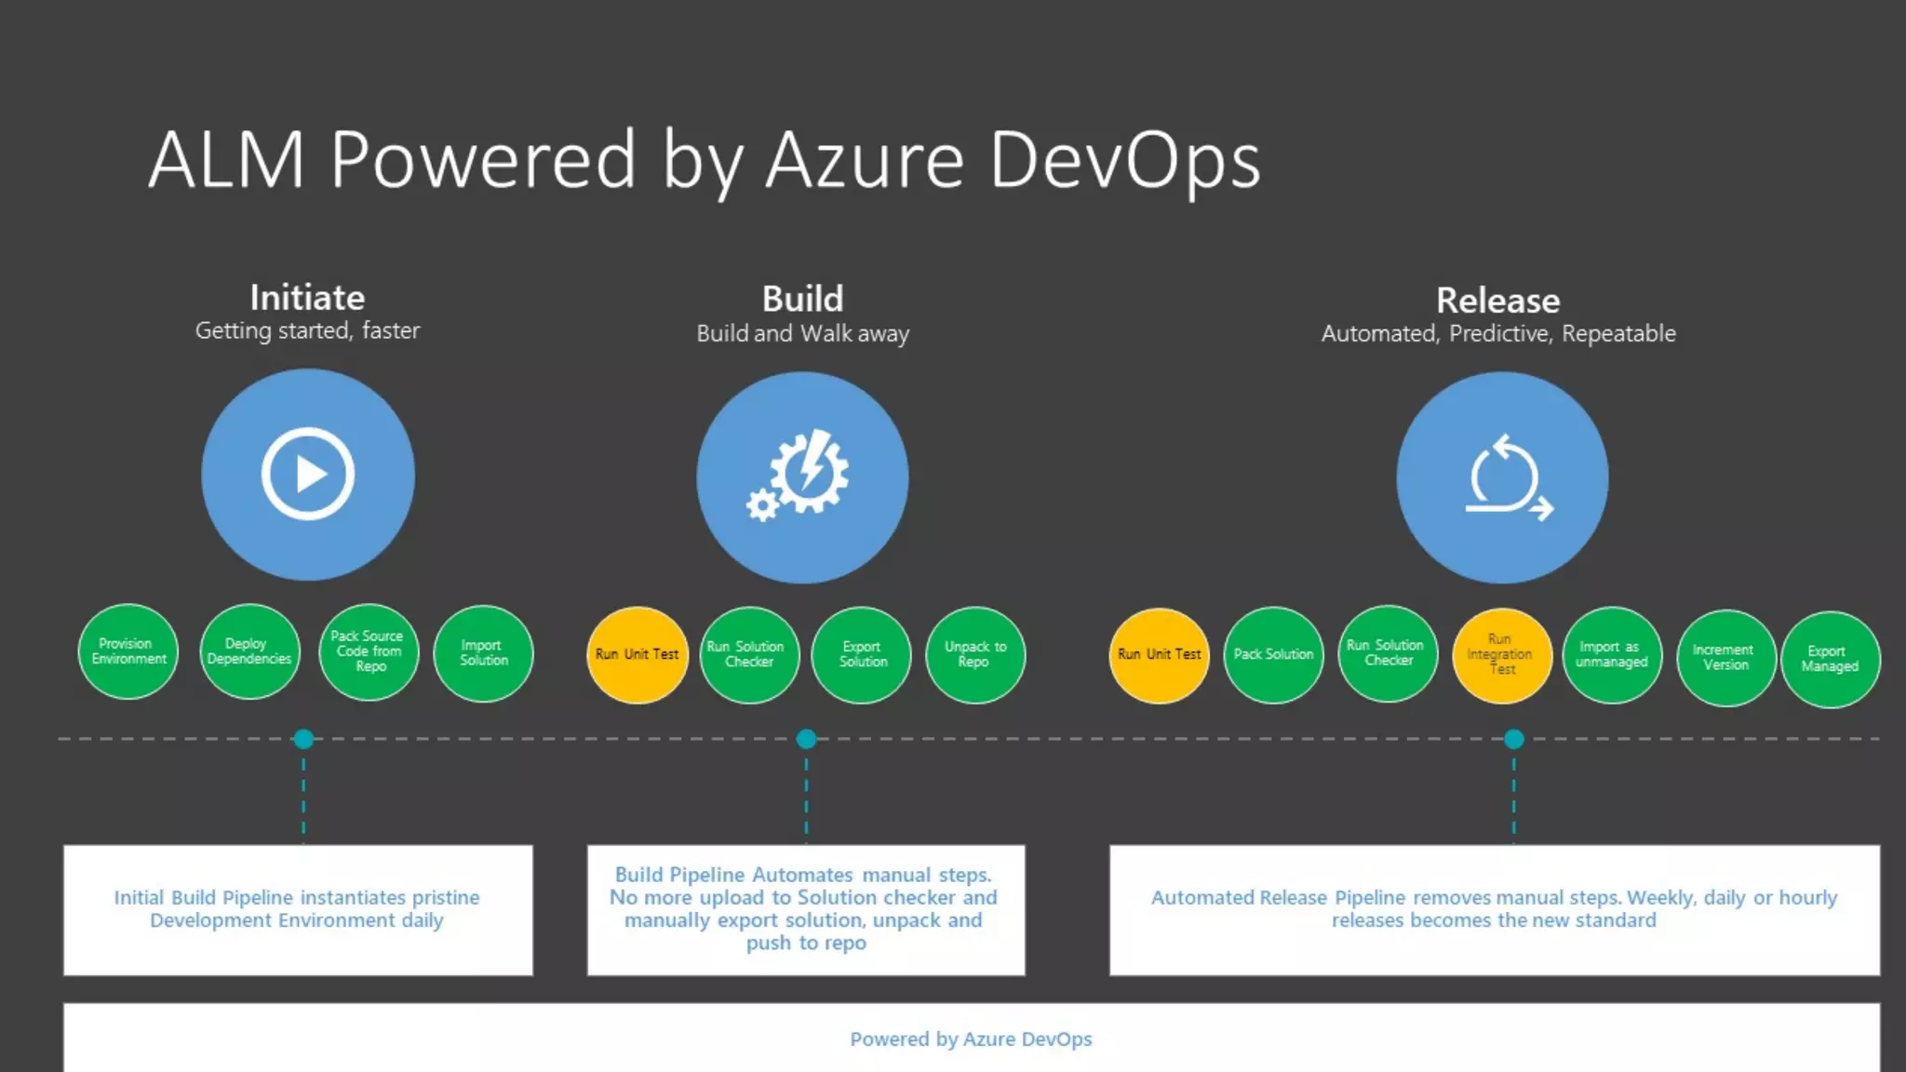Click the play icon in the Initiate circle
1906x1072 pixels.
tap(308, 475)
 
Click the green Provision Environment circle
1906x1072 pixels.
tap(128, 651)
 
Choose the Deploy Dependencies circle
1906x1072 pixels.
tap(249, 651)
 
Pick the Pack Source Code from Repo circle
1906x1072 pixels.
tap(369, 651)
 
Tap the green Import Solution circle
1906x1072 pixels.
tap(484, 653)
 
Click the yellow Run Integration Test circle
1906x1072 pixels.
tap(1501, 655)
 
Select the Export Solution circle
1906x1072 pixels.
tap(863, 655)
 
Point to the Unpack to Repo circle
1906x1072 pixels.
tap(974, 655)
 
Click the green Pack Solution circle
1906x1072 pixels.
tap(1273, 655)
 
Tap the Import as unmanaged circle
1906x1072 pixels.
tap(1612, 655)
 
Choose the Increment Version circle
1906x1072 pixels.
tap(1725, 658)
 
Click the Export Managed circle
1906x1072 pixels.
tap(1830, 659)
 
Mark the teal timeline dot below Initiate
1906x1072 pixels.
tap(303, 739)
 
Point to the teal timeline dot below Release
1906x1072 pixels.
tap(1514, 739)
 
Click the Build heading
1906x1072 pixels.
tap(802, 300)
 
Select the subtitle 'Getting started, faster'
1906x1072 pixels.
tap(307, 331)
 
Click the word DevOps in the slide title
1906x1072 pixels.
tap(1125, 161)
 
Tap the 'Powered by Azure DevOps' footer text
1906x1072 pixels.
tap(971, 1039)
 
